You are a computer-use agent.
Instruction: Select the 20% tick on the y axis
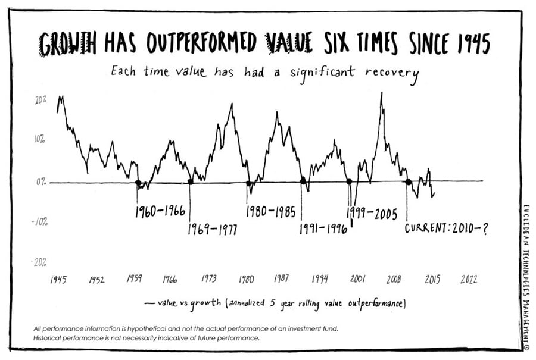40,100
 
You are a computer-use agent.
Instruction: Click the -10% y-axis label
40,222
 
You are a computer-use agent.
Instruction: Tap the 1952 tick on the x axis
96,280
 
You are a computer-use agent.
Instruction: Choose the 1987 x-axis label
282,279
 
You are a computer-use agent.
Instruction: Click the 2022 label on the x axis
469,280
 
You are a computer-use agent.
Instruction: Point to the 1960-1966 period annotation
160,211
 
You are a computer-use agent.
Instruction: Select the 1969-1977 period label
212,230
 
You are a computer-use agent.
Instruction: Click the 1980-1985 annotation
270,211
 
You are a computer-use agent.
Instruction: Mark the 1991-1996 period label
323,230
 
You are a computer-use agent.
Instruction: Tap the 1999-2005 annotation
372,213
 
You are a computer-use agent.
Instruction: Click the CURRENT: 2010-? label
446,228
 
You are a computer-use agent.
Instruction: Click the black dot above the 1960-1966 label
138,183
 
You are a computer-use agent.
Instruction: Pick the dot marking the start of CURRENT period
408,182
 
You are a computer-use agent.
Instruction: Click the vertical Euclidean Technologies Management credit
526,274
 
